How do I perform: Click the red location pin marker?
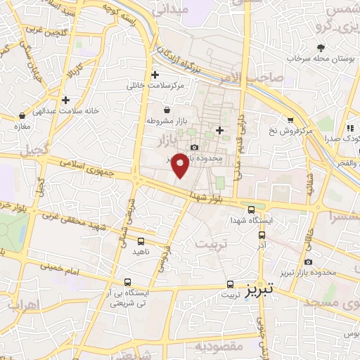pyautogui.click(x=180, y=164)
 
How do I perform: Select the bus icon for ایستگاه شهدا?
pyautogui.click(x=252, y=210)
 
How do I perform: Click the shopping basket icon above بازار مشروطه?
pyautogui.click(x=167, y=110)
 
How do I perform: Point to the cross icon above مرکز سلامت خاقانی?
pyautogui.click(x=155, y=75)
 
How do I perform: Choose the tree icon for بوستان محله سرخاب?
pyautogui.click(x=321, y=47)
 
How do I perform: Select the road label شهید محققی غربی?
pyautogui.click(x=71, y=222)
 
